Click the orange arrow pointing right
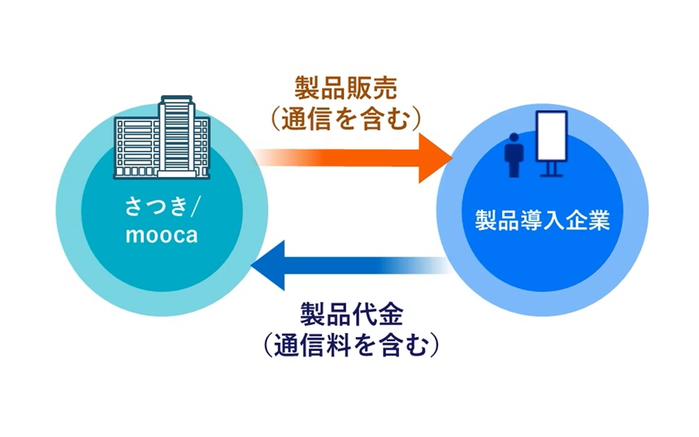pos(358,156)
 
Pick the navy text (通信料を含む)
pos(351,344)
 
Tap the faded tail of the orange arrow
pos(276,156)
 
